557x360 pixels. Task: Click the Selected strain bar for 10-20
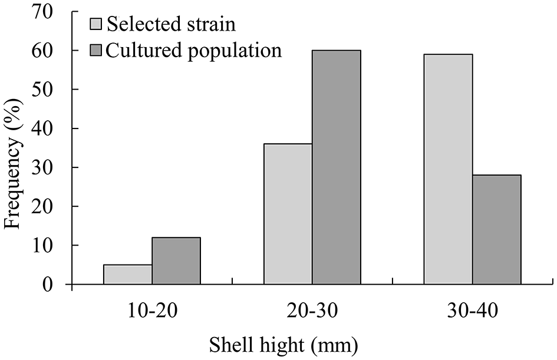pyautogui.click(x=127, y=275)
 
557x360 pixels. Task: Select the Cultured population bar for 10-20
pyautogui.click(x=176, y=261)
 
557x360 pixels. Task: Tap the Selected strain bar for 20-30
pyautogui.click(x=288, y=214)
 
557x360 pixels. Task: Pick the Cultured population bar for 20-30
pyautogui.click(x=336, y=167)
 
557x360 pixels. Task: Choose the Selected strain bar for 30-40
pyautogui.click(x=448, y=169)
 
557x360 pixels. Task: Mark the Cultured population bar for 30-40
pyautogui.click(x=496, y=230)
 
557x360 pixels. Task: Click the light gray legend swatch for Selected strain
pyautogui.click(x=97, y=25)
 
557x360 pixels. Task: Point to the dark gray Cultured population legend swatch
pyautogui.click(x=97, y=51)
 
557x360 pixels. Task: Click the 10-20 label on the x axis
pyautogui.click(x=151, y=311)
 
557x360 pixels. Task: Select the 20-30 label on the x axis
pyautogui.click(x=312, y=311)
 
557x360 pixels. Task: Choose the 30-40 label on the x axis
pyautogui.click(x=472, y=311)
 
